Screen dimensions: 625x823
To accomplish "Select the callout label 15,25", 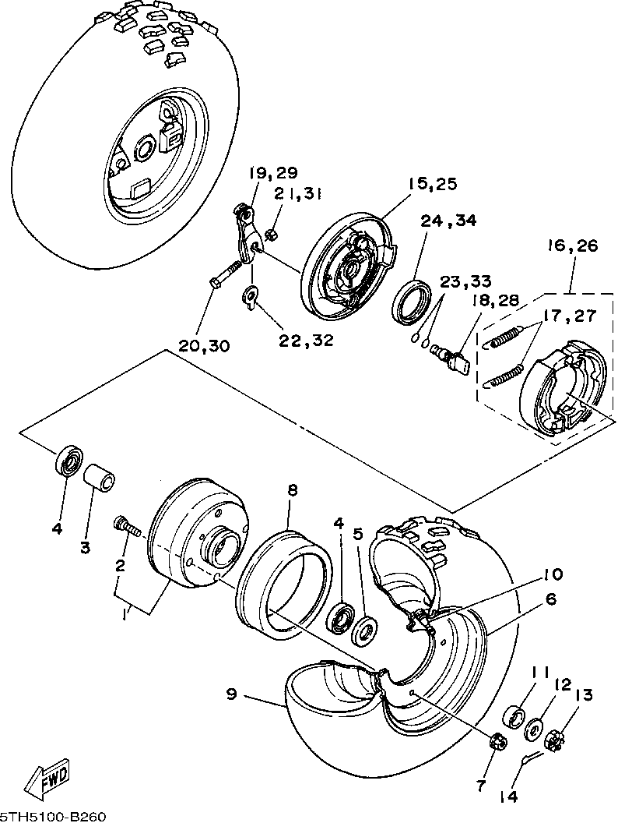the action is [433, 184].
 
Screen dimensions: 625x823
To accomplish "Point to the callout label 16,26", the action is [573, 245].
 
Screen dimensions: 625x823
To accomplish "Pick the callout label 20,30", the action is [205, 345].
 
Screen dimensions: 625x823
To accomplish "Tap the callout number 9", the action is [232, 694].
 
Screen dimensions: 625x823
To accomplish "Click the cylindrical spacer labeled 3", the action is [100, 477].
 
